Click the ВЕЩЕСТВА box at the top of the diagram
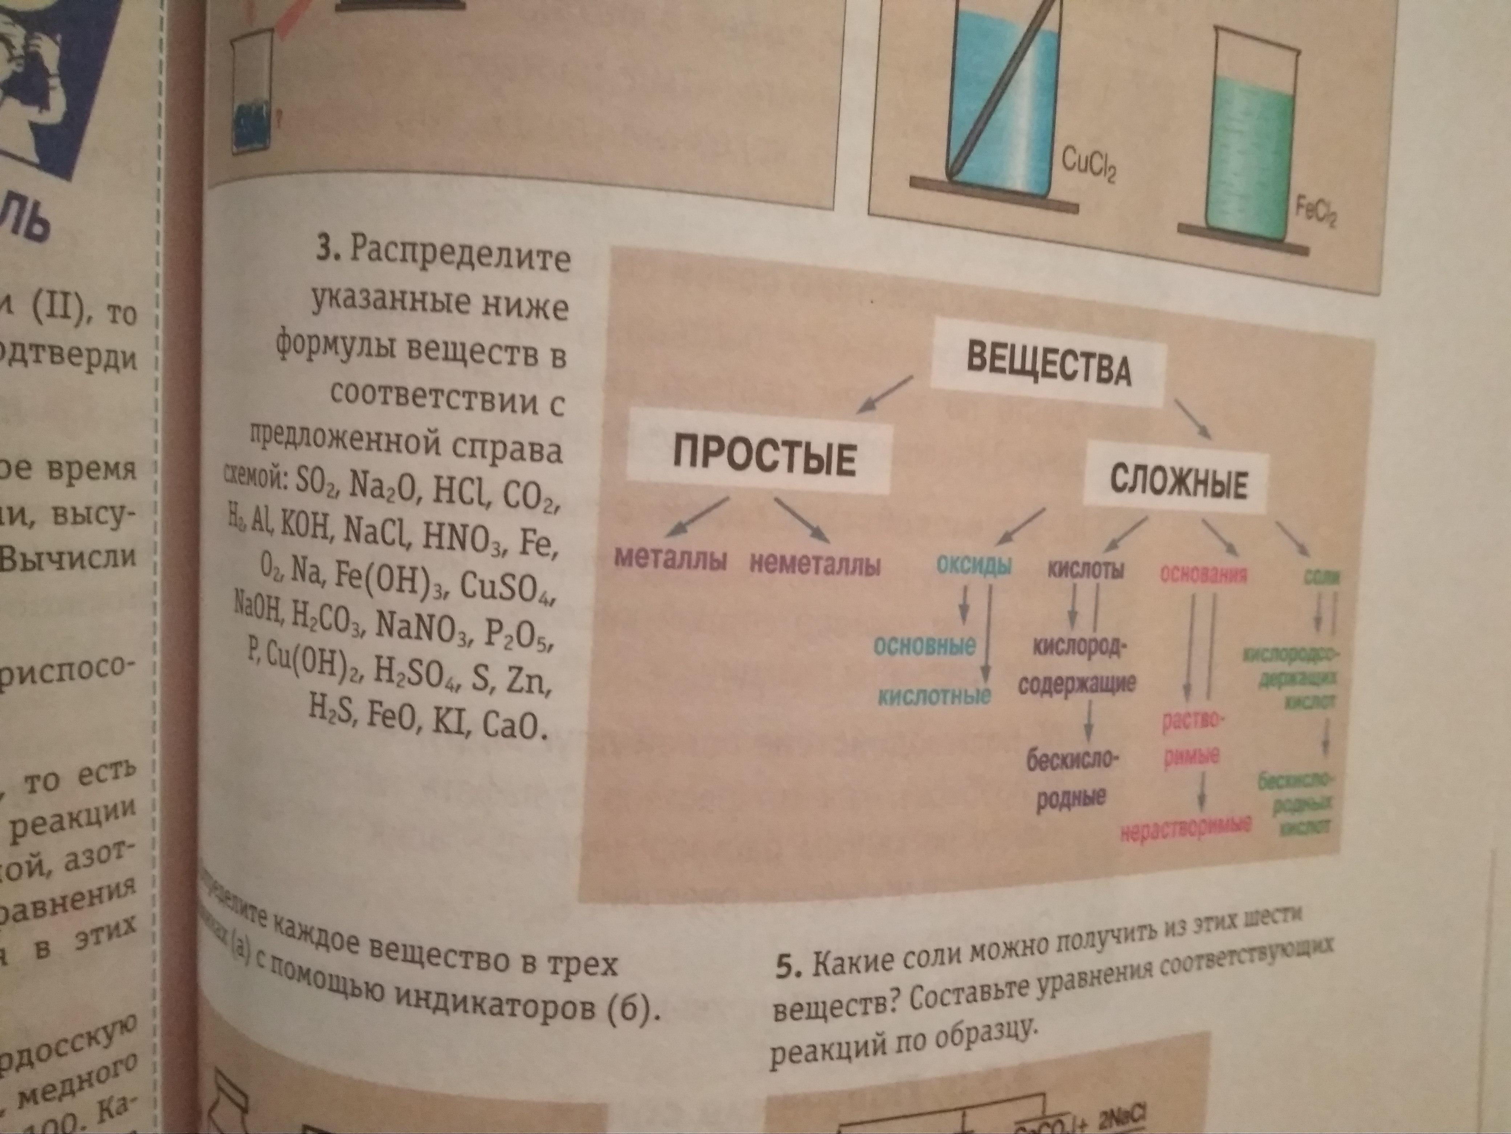[1049, 369]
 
